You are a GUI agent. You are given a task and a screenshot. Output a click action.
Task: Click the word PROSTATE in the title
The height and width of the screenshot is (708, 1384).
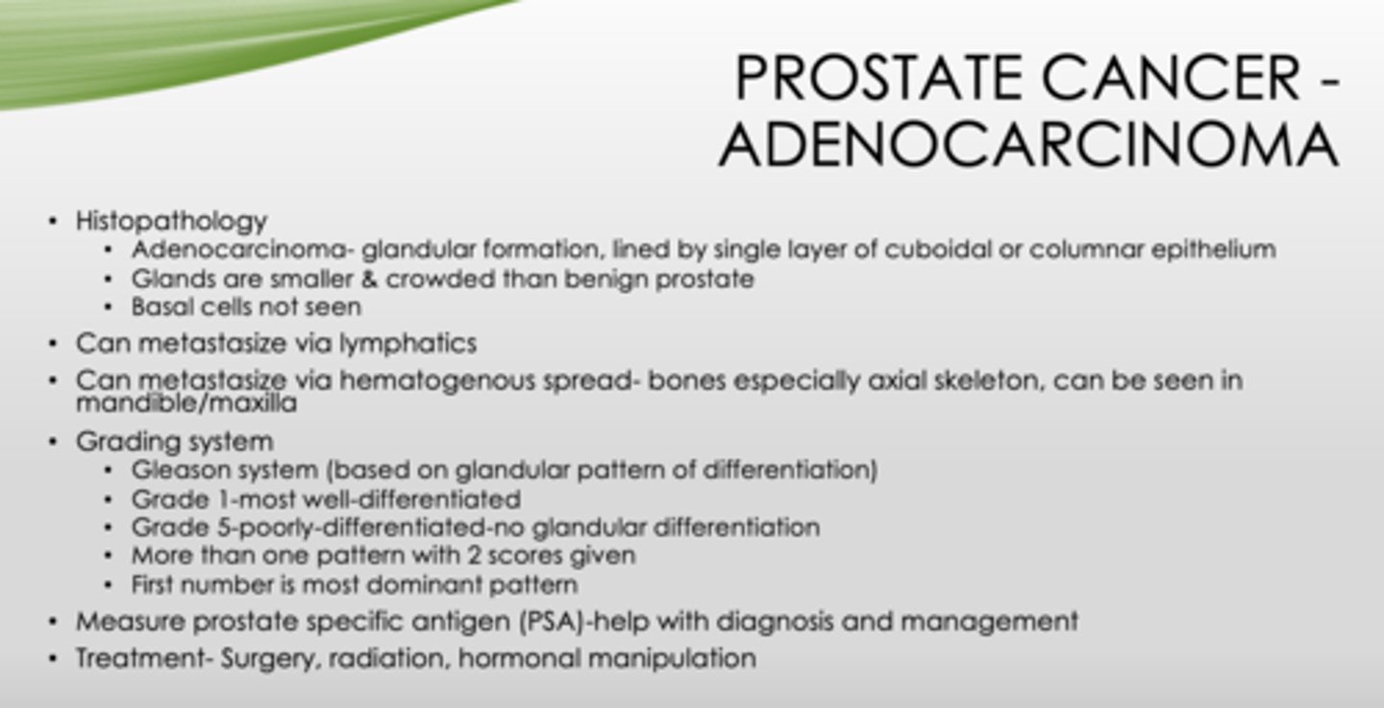880,79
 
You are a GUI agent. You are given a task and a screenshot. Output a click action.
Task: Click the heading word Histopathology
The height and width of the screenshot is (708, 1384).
171,221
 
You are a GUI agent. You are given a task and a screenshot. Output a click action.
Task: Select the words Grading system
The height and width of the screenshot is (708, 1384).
174,441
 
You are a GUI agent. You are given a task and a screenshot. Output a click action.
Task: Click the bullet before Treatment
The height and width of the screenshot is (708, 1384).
52,660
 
